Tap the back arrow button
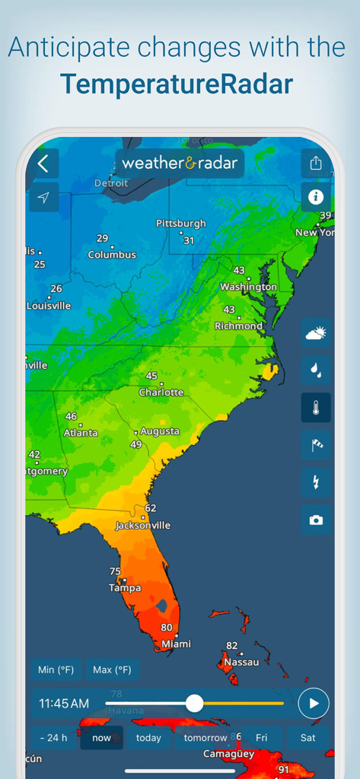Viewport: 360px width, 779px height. tap(43, 163)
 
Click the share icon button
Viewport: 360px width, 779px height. tap(316, 163)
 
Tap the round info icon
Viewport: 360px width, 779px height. tap(316, 197)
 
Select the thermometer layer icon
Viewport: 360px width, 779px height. tap(316, 408)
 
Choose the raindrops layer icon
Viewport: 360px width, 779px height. tap(316, 370)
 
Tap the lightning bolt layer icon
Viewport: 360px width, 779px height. tap(316, 482)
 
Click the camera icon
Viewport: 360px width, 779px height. tap(316, 520)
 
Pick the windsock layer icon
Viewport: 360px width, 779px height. tap(316, 445)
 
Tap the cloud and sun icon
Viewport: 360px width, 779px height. tap(316, 332)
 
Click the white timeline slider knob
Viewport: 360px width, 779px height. tap(194, 703)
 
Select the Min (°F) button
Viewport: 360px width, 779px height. tap(57, 669)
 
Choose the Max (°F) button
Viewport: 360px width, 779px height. tap(112, 669)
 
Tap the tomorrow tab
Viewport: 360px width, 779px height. tap(205, 738)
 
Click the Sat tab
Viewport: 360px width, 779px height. tap(308, 738)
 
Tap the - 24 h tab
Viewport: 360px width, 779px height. tap(53, 738)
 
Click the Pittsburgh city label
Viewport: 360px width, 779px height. tap(181, 224)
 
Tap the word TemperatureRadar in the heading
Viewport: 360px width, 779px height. tap(176, 83)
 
